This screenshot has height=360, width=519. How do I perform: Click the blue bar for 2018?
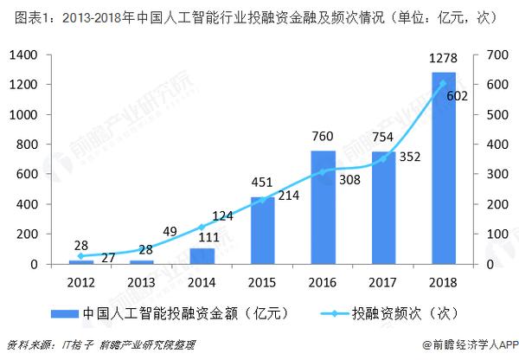pos(444,168)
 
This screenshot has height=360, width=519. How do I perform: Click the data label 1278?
pos(443,59)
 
